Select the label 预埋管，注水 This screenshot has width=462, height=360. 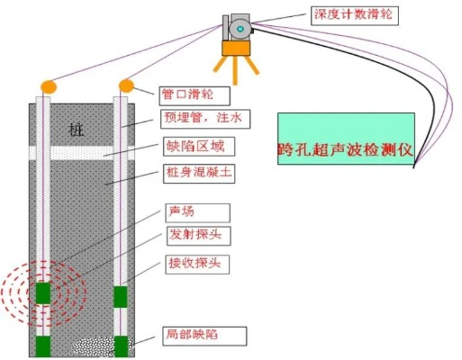pyautogui.click(x=199, y=119)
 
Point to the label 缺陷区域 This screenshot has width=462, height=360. pyautogui.click(x=194, y=146)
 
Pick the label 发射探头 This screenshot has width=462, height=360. pyautogui.click(x=193, y=237)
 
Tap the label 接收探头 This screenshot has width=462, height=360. pyautogui.click(x=193, y=264)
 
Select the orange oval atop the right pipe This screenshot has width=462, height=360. pyautogui.click(x=127, y=85)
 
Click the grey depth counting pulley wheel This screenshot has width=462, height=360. pyautogui.click(x=240, y=29)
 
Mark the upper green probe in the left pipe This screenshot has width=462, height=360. pyautogui.click(x=41, y=293)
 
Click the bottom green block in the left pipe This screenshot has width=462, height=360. pyautogui.click(x=42, y=346)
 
